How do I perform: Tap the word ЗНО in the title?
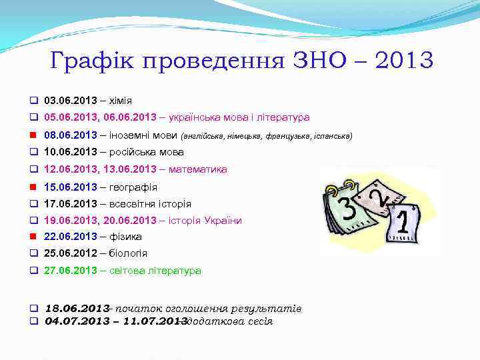click(x=316, y=61)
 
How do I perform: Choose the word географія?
click(x=129, y=187)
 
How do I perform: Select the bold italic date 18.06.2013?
click(x=77, y=309)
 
